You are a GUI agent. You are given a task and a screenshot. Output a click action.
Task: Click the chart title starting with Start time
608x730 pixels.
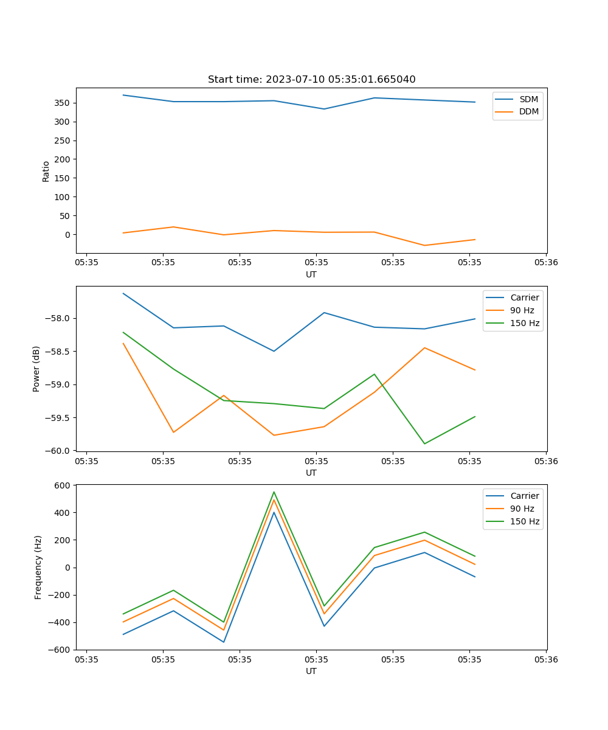311,80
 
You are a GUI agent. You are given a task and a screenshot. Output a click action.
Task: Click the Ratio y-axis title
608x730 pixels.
46,171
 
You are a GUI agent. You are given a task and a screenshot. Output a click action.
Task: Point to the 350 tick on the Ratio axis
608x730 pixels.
61,103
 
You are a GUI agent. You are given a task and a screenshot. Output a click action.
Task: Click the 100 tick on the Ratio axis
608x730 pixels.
61,197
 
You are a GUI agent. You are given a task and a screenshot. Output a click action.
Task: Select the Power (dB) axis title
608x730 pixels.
36,369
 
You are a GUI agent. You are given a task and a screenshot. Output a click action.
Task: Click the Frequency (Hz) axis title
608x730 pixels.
38,567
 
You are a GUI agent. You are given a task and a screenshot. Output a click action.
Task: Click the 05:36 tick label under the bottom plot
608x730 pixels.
546,659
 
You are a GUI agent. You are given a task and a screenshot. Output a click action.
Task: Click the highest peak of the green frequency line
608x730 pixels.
274,492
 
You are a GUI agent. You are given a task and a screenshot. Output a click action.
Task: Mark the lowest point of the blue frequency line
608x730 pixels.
224,642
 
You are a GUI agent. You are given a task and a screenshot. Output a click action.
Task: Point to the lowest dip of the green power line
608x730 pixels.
424,443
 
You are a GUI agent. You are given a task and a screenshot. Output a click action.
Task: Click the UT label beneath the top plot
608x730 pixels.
311,274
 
